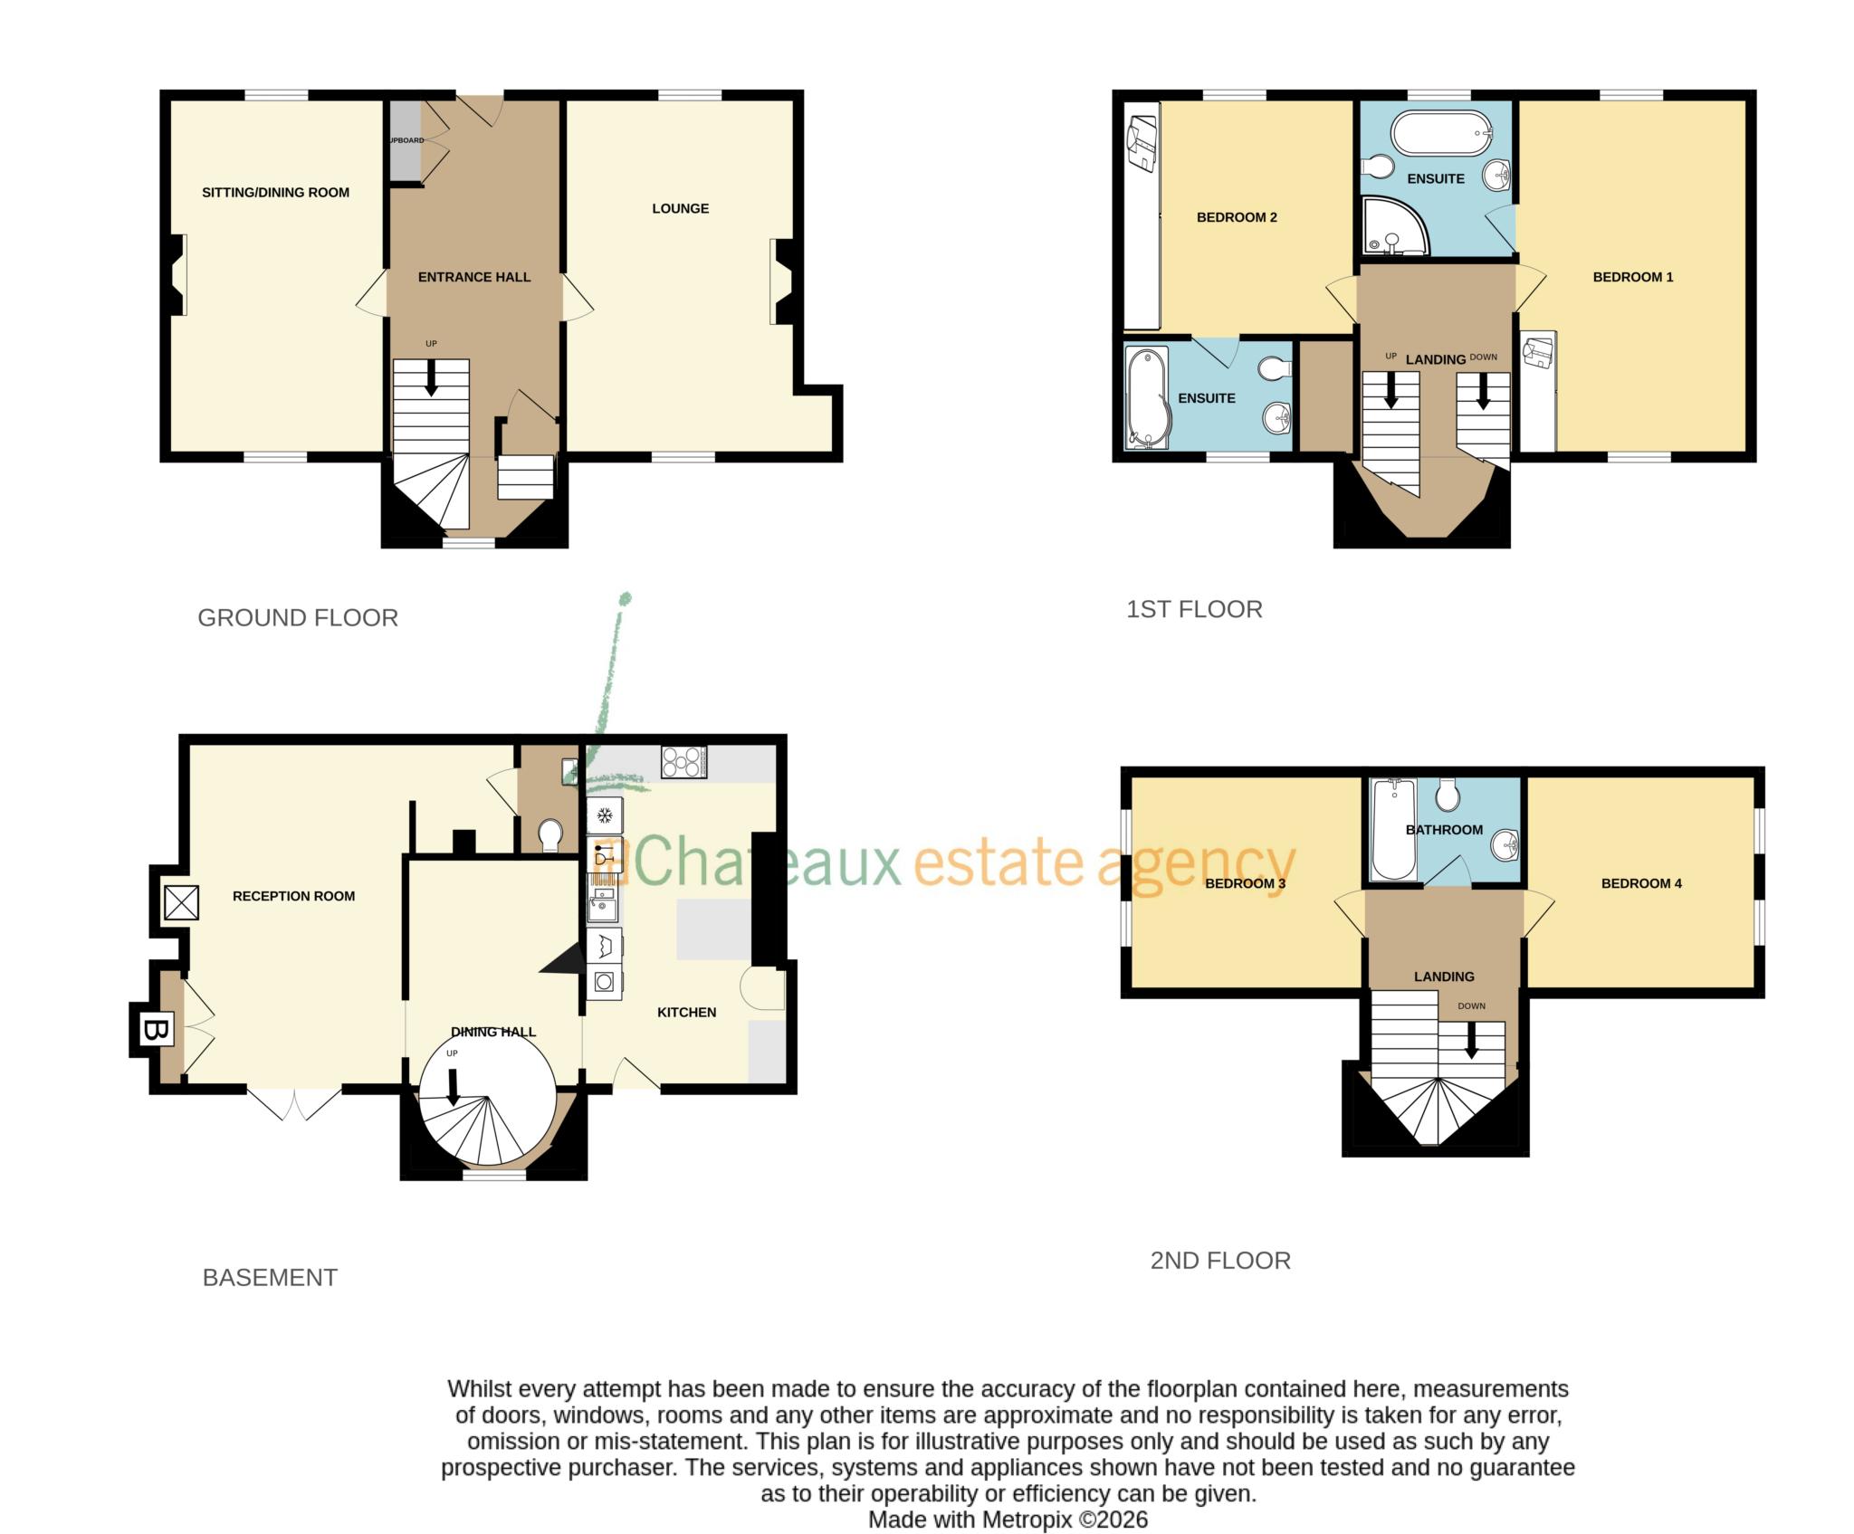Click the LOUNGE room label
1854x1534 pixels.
(680, 208)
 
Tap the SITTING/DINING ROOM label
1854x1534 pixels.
(275, 192)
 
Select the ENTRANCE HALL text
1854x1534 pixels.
(473, 277)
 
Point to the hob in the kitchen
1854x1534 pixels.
(683, 762)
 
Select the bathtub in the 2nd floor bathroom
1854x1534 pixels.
(1393, 829)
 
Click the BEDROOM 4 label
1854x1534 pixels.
(1640, 883)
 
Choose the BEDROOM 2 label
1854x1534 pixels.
(1236, 217)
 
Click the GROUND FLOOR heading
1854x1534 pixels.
(298, 618)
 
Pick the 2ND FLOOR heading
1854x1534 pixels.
(1219, 1261)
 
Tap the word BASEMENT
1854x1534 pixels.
(270, 1278)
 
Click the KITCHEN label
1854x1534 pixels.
(686, 1012)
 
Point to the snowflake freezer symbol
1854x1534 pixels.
(604, 815)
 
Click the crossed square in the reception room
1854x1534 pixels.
(181, 902)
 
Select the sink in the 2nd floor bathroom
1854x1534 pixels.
(1504, 845)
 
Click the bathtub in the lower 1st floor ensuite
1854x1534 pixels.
(1147, 398)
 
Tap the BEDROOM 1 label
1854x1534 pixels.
(1632, 277)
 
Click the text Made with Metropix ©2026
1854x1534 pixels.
(1008, 1520)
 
